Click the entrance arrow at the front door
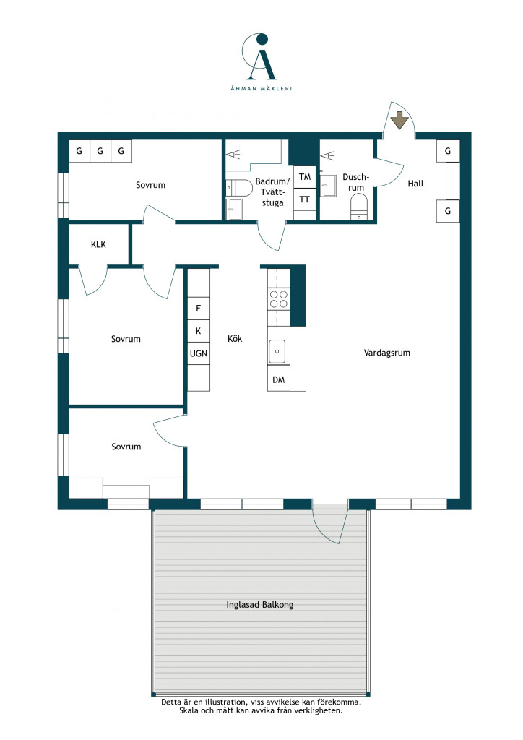[x=399, y=121]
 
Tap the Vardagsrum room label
[x=386, y=353]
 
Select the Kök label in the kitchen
[x=234, y=338]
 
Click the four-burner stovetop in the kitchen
[x=278, y=298]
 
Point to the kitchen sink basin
[x=277, y=351]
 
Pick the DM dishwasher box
[x=279, y=379]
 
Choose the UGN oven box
[x=199, y=353]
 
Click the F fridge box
[x=199, y=308]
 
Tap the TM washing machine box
[x=305, y=177]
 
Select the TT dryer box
[x=305, y=199]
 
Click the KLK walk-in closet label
[x=98, y=244]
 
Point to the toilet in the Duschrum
[x=359, y=207]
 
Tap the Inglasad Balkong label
[x=260, y=605]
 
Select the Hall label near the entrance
[x=415, y=184]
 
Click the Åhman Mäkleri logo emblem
[x=259, y=56]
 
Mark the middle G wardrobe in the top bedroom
[x=100, y=151]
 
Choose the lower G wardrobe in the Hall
[x=448, y=211]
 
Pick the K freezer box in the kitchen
[x=199, y=331]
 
